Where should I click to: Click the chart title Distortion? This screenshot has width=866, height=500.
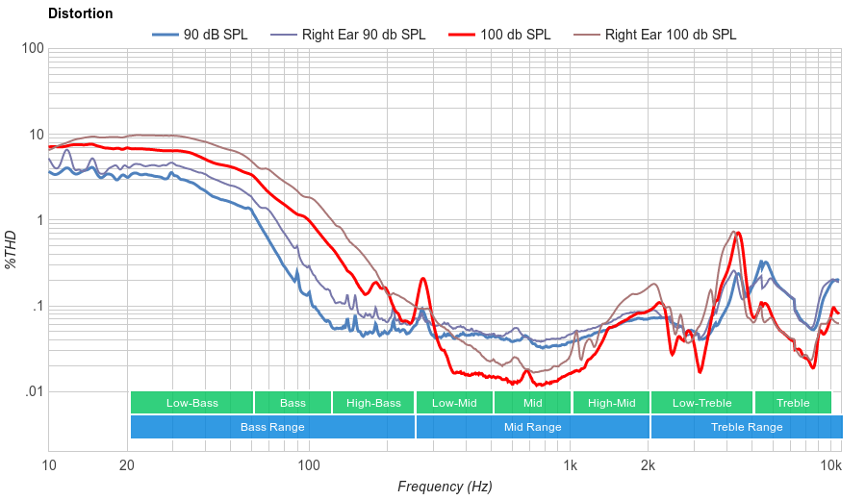coord(80,13)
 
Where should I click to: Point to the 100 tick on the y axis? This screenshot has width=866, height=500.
coord(32,49)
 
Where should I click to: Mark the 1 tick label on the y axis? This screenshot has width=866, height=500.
coord(38,220)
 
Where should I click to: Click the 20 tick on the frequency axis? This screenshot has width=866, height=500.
coord(127,465)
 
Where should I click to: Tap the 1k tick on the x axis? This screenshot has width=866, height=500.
coord(570,465)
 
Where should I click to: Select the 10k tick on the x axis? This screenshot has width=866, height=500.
coord(831,465)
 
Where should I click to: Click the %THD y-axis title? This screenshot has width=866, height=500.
coord(12,250)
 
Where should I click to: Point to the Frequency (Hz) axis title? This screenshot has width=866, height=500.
coord(444,487)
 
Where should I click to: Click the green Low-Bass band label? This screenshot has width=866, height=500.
coord(191,403)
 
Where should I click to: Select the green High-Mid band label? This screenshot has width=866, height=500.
coord(611,403)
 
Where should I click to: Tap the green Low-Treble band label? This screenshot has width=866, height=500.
coord(701,403)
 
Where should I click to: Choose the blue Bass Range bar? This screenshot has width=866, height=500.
coord(272,427)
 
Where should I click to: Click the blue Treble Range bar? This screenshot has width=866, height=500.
coord(746,427)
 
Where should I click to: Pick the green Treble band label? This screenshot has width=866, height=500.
coord(793,403)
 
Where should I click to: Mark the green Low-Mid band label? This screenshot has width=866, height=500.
coord(455,403)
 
